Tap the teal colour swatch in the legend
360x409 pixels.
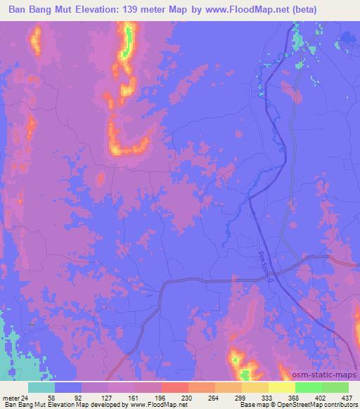click(x=41, y=387)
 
